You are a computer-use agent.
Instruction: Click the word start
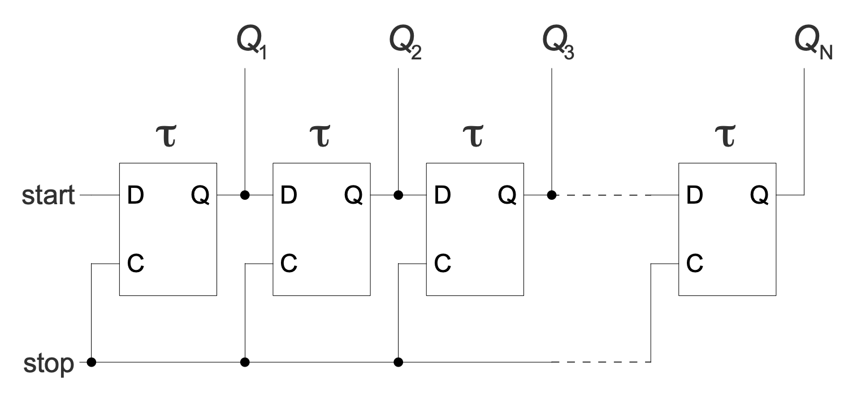tap(48, 196)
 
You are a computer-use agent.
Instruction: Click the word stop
tap(48, 362)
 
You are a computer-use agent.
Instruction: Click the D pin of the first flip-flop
tap(135, 196)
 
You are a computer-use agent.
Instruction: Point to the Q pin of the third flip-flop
tap(507, 196)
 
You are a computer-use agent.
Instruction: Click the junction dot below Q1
tap(245, 196)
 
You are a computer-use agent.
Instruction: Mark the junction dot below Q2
tap(399, 196)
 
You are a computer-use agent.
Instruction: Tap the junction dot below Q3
tap(551, 196)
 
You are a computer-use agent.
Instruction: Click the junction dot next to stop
tap(91, 362)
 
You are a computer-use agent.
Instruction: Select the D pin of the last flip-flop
tap(695, 196)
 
